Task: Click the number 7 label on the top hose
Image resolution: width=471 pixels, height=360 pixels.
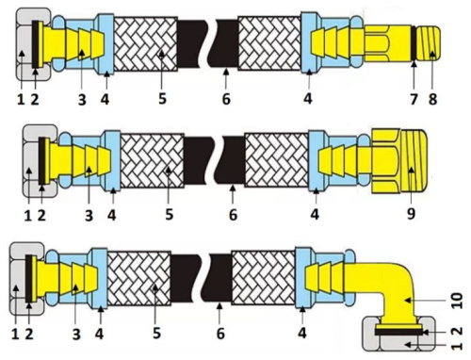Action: [414, 99]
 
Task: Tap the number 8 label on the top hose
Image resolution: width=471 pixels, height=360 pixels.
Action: [432, 99]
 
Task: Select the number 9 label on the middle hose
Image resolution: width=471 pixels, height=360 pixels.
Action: [411, 213]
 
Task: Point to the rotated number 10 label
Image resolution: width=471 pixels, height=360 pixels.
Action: [458, 301]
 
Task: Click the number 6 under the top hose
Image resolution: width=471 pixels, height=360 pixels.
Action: [226, 99]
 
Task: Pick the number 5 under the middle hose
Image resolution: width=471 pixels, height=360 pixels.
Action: [169, 215]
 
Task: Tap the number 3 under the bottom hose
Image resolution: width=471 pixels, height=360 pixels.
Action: [76, 335]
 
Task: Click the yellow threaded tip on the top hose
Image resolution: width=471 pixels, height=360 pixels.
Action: [430, 42]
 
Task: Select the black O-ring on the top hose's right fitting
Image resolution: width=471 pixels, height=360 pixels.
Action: [414, 42]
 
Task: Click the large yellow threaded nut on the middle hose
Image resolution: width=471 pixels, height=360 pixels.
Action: [398, 161]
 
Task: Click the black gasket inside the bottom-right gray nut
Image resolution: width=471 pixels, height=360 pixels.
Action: [398, 332]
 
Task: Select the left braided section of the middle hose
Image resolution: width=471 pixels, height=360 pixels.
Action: [152, 161]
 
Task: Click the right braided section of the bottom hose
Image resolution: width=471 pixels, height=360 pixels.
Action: [263, 278]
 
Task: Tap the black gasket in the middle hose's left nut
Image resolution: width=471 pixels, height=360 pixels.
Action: [41, 161]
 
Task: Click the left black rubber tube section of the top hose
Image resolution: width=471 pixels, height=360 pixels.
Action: [192, 43]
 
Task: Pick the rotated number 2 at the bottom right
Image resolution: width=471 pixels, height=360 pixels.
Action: [458, 331]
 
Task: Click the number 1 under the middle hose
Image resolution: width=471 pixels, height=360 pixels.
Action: [28, 216]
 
